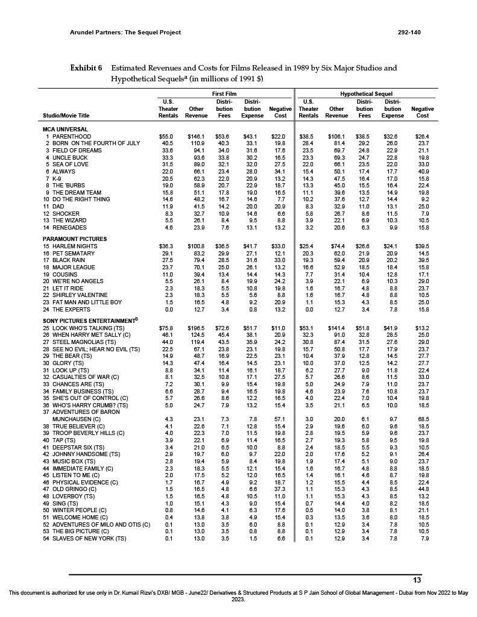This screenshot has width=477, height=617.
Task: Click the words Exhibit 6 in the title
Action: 87,68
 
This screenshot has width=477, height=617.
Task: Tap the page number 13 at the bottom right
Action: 416,580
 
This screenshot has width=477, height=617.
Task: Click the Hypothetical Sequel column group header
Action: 366,95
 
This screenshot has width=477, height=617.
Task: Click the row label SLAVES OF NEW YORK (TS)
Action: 89,538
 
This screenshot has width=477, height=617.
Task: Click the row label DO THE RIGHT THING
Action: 81,199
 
